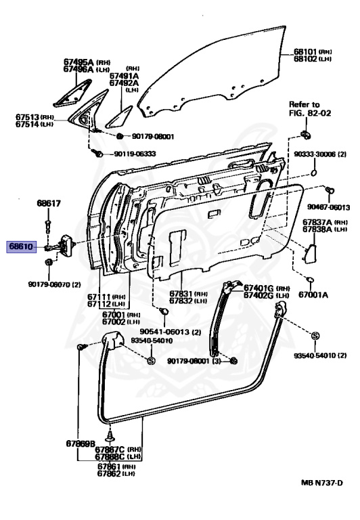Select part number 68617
49,203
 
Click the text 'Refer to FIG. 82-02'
304,109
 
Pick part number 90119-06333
135,154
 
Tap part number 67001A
314,295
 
